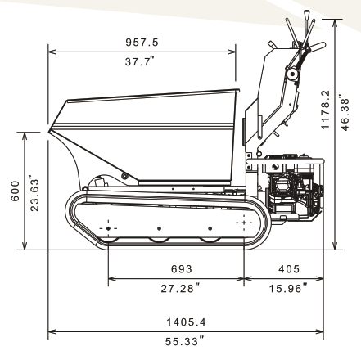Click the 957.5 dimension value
(x=142, y=43)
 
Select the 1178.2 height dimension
(x=325, y=110)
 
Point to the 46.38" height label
(x=345, y=113)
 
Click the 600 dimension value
(x=15, y=191)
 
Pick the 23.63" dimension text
(x=34, y=195)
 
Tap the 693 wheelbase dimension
(x=182, y=269)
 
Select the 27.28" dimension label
(x=180, y=288)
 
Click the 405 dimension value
(x=289, y=269)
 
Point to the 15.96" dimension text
(x=288, y=288)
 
